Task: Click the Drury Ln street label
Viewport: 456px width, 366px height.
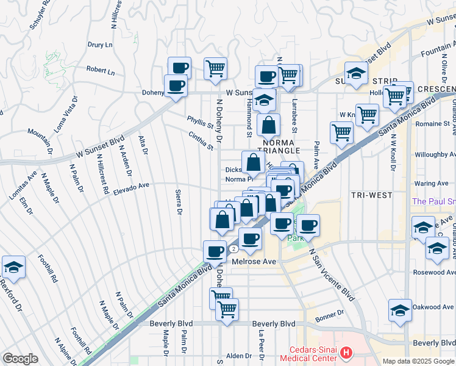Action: (101, 45)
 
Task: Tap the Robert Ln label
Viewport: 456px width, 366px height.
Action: (100, 71)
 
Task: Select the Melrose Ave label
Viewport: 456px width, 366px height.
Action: (255, 261)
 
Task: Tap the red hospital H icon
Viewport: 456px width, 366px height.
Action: (346, 353)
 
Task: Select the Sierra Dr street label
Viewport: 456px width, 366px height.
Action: (179, 204)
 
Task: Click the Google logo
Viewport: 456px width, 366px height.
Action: (20, 359)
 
